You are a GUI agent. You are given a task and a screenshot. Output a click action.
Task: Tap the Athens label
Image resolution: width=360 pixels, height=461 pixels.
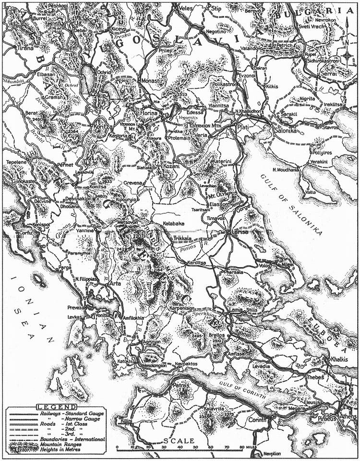348,416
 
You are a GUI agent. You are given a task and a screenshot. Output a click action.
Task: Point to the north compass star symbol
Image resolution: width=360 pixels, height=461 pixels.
347,55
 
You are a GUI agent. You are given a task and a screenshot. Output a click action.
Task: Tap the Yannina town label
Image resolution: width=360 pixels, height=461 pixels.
84,230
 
